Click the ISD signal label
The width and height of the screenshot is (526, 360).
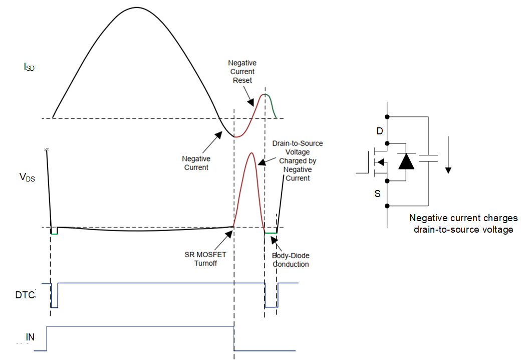[29, 67]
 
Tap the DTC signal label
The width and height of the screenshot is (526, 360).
[25, 295]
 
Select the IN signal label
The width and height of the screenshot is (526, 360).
[30, 337]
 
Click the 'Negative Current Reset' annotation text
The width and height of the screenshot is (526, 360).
[242, 72]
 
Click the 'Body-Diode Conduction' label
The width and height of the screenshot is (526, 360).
[290, 260]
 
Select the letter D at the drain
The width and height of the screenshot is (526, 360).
[379, 131]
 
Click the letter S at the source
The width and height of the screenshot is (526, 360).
[378, 193]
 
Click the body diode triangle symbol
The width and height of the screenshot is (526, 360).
[406, 161]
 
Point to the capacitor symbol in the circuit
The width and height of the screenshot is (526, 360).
[428, 159]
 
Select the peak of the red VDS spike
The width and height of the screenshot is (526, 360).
[250, 152]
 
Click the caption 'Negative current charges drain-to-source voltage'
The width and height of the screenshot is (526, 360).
[463, 224]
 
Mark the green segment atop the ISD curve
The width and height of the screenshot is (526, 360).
[271, 100]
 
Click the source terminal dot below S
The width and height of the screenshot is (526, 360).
[387, 206]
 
